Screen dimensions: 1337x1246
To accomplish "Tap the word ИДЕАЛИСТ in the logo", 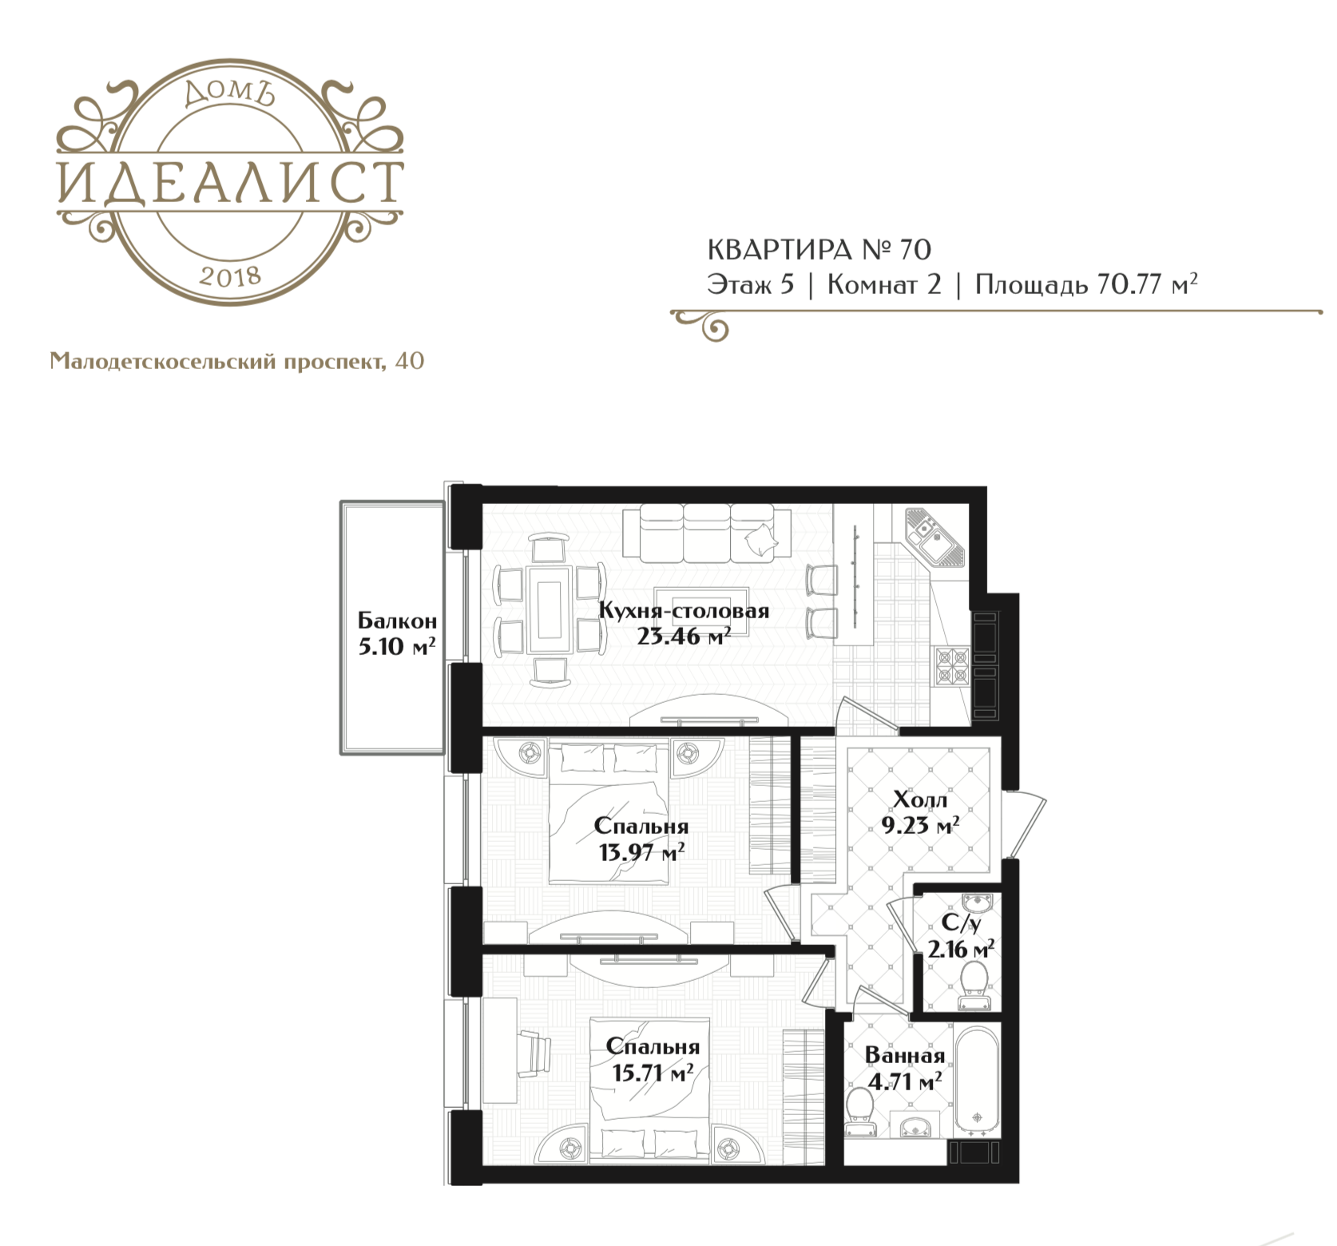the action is pyautogui.click(x=230, y=182).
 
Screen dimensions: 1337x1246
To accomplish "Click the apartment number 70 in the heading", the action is pyautogui.click(x=914, y=250).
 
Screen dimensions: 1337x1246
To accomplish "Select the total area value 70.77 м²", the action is pyautogui.click(x=1147, y=284).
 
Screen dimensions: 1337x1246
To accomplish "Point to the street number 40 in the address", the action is pyautogui.click(x=409, y=361).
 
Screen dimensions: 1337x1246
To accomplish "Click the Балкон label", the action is pyautogui.click(x=397, y=621).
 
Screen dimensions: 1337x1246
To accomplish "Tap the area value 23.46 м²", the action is pyautogui.click(x=684, y=637).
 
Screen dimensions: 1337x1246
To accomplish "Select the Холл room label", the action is pyautogui.click(x=920, y=799).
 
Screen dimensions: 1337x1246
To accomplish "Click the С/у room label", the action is pyautogui.click(x=960, y=923).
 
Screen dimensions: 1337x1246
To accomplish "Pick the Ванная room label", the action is pyautogui.click(x=905, y=1055).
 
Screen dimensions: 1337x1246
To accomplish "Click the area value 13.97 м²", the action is pyautogui.click(x=641, y=852).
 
